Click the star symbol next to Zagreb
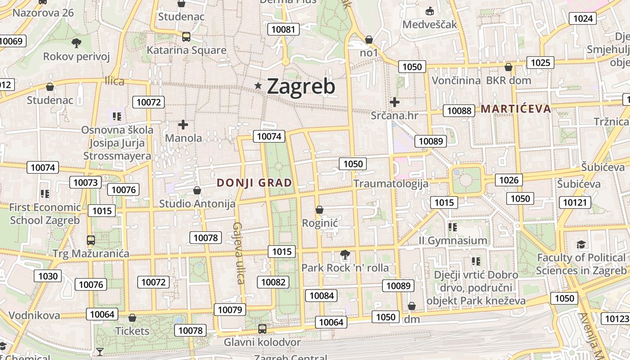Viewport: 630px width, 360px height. [x=258, y=85]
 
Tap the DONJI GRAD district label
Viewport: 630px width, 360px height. [x=254, y=183]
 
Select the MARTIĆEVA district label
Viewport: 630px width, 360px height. [x=516, y=108]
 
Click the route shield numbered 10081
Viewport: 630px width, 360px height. [x=283, y=30]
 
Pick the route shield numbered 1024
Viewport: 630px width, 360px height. [x=583, y=18]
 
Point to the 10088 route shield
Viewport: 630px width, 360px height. [x=459, y=110]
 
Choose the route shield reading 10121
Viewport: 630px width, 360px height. [x=575, y=202]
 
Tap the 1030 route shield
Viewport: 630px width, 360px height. [x=48, y=276]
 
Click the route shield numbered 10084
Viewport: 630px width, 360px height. [x=321, y=296]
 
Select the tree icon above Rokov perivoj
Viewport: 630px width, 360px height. [x=76, y=43]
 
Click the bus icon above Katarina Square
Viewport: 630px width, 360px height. [x=186, y=36]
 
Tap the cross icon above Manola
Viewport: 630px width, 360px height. [x=183, y=124]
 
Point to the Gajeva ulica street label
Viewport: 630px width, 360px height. [x=238, y=253]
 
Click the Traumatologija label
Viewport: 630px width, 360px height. [x=391, y=184]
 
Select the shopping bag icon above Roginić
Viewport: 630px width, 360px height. [x=319, y=210]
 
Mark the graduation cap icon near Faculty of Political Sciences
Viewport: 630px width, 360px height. [x=581, y=245]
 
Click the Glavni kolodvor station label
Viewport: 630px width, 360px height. [x=262, y=342]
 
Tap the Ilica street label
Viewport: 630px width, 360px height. [x=114, y=81]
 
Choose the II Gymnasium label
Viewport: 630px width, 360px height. [x=453, y=240]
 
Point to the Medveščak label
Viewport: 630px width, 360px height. [x=430, y=24]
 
